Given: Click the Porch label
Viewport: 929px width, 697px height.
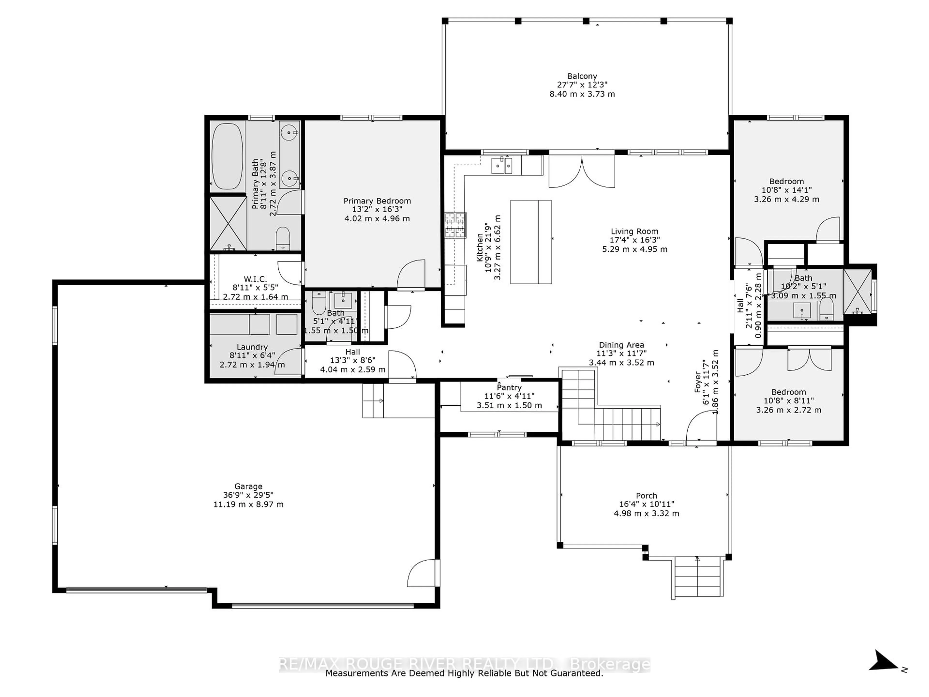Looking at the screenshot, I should pyautogui.click(x=646, y=496).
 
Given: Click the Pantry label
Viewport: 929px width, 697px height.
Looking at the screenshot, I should pyautogui.click(x=509, y=387).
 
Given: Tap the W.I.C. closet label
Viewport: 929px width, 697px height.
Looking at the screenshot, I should pyautogui.click(x=255, y=279).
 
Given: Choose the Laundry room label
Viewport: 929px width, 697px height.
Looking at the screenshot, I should pyautogui.click(x=252, y=347).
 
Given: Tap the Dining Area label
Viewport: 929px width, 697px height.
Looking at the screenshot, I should pyautogui.click(x=621, y=345).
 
